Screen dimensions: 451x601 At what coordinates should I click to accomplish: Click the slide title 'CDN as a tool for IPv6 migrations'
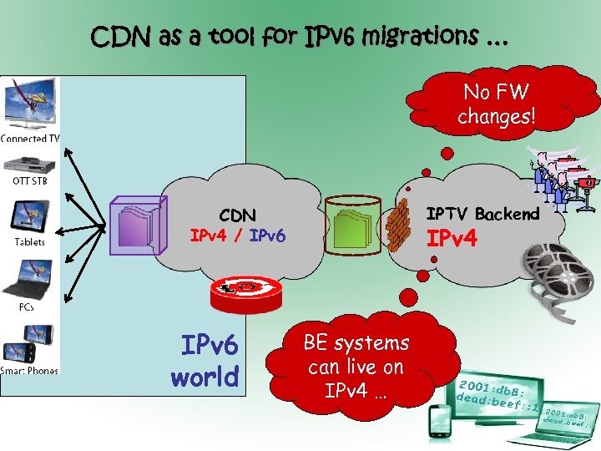pyautogui.click(x=299, y=37)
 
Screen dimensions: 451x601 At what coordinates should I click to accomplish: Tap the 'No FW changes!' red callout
pyautogui.click(x=497, y=104)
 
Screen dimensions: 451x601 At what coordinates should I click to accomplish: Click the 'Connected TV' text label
pyautogui.click(x=30, y=139)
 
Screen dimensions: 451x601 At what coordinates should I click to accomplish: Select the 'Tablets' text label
pyautogui.click(x=29, y=242)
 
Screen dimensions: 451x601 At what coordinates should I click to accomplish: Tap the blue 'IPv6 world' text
pyautogui.click(x=205, y=361)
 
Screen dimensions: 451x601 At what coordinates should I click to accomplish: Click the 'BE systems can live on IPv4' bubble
pyautogui.click(x=356, y=367)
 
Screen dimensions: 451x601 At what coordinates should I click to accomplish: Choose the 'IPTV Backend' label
pyautogui.click(x=483, y=214)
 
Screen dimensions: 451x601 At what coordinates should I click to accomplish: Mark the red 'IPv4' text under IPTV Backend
pyautogui.click(x=452, y=239)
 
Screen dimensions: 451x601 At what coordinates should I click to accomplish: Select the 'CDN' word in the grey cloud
pyautogui.click(x=238, y=215)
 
